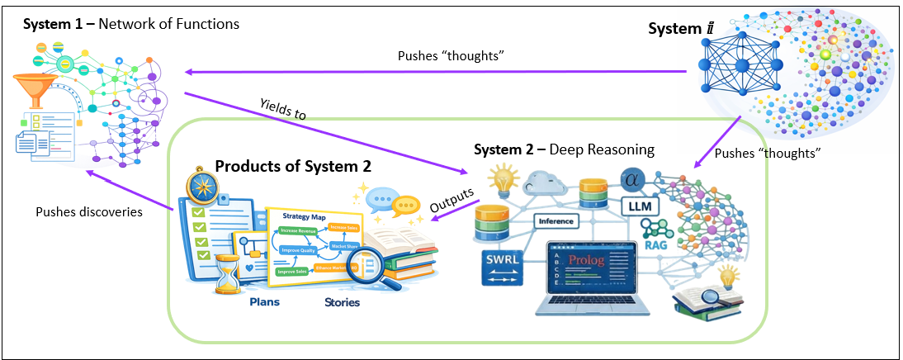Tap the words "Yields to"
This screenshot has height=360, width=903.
[x=283, y=109]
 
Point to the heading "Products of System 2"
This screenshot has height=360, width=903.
[x=293, y=166]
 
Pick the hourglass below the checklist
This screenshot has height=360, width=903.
[x=227, y=272]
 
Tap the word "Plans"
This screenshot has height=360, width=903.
[x=264, y=301]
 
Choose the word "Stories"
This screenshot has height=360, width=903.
[x=342, y=301]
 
